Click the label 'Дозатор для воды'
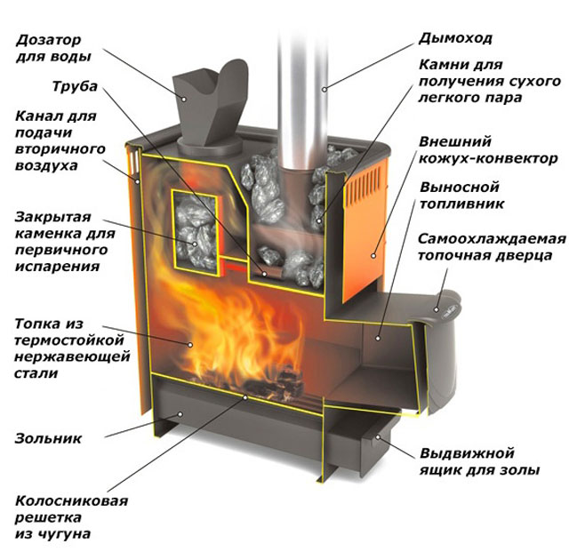(x=52, y=49)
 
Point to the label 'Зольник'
(x=48, y=438)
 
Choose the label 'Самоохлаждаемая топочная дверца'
(x=492, y=249)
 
